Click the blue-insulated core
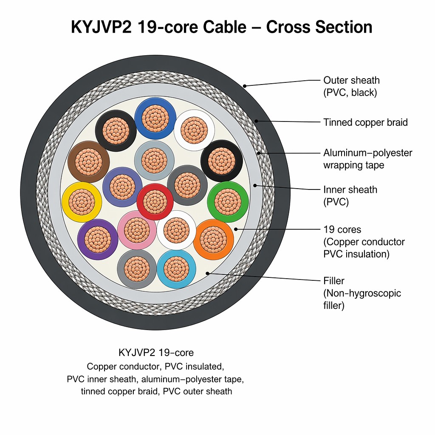point(155,119)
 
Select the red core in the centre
point(155,202)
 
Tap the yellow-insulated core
point(82,202)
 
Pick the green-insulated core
point(228,202)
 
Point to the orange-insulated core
point(213,240)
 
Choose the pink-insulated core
point(137,230)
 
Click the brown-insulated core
point(88,162)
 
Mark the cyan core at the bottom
point(176,269)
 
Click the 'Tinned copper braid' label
point(365,122)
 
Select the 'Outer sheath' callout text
point(351,80)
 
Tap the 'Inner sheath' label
point(350,190)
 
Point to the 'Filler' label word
point(334,281)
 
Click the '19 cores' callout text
point(342,230)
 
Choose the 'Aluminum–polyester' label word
point(368,153)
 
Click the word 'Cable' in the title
point(224,27)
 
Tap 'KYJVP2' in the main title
point(102,27)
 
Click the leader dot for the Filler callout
point(207,273)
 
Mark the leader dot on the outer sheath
point(244,86)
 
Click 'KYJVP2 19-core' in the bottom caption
point(156,353)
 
